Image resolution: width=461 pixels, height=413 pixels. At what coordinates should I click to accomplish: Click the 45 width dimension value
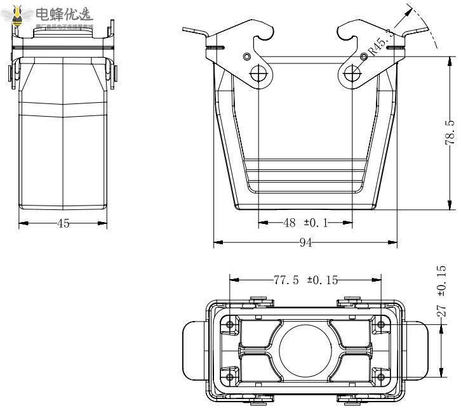pos(63,223)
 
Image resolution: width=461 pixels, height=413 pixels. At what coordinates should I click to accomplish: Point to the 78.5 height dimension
pos(450,133)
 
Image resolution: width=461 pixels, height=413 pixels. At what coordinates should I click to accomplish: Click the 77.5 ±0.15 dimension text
pos(305,281)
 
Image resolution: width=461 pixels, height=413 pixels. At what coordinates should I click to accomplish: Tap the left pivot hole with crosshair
pos(259,74)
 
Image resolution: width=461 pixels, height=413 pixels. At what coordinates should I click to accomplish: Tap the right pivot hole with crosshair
pos(352,74)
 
